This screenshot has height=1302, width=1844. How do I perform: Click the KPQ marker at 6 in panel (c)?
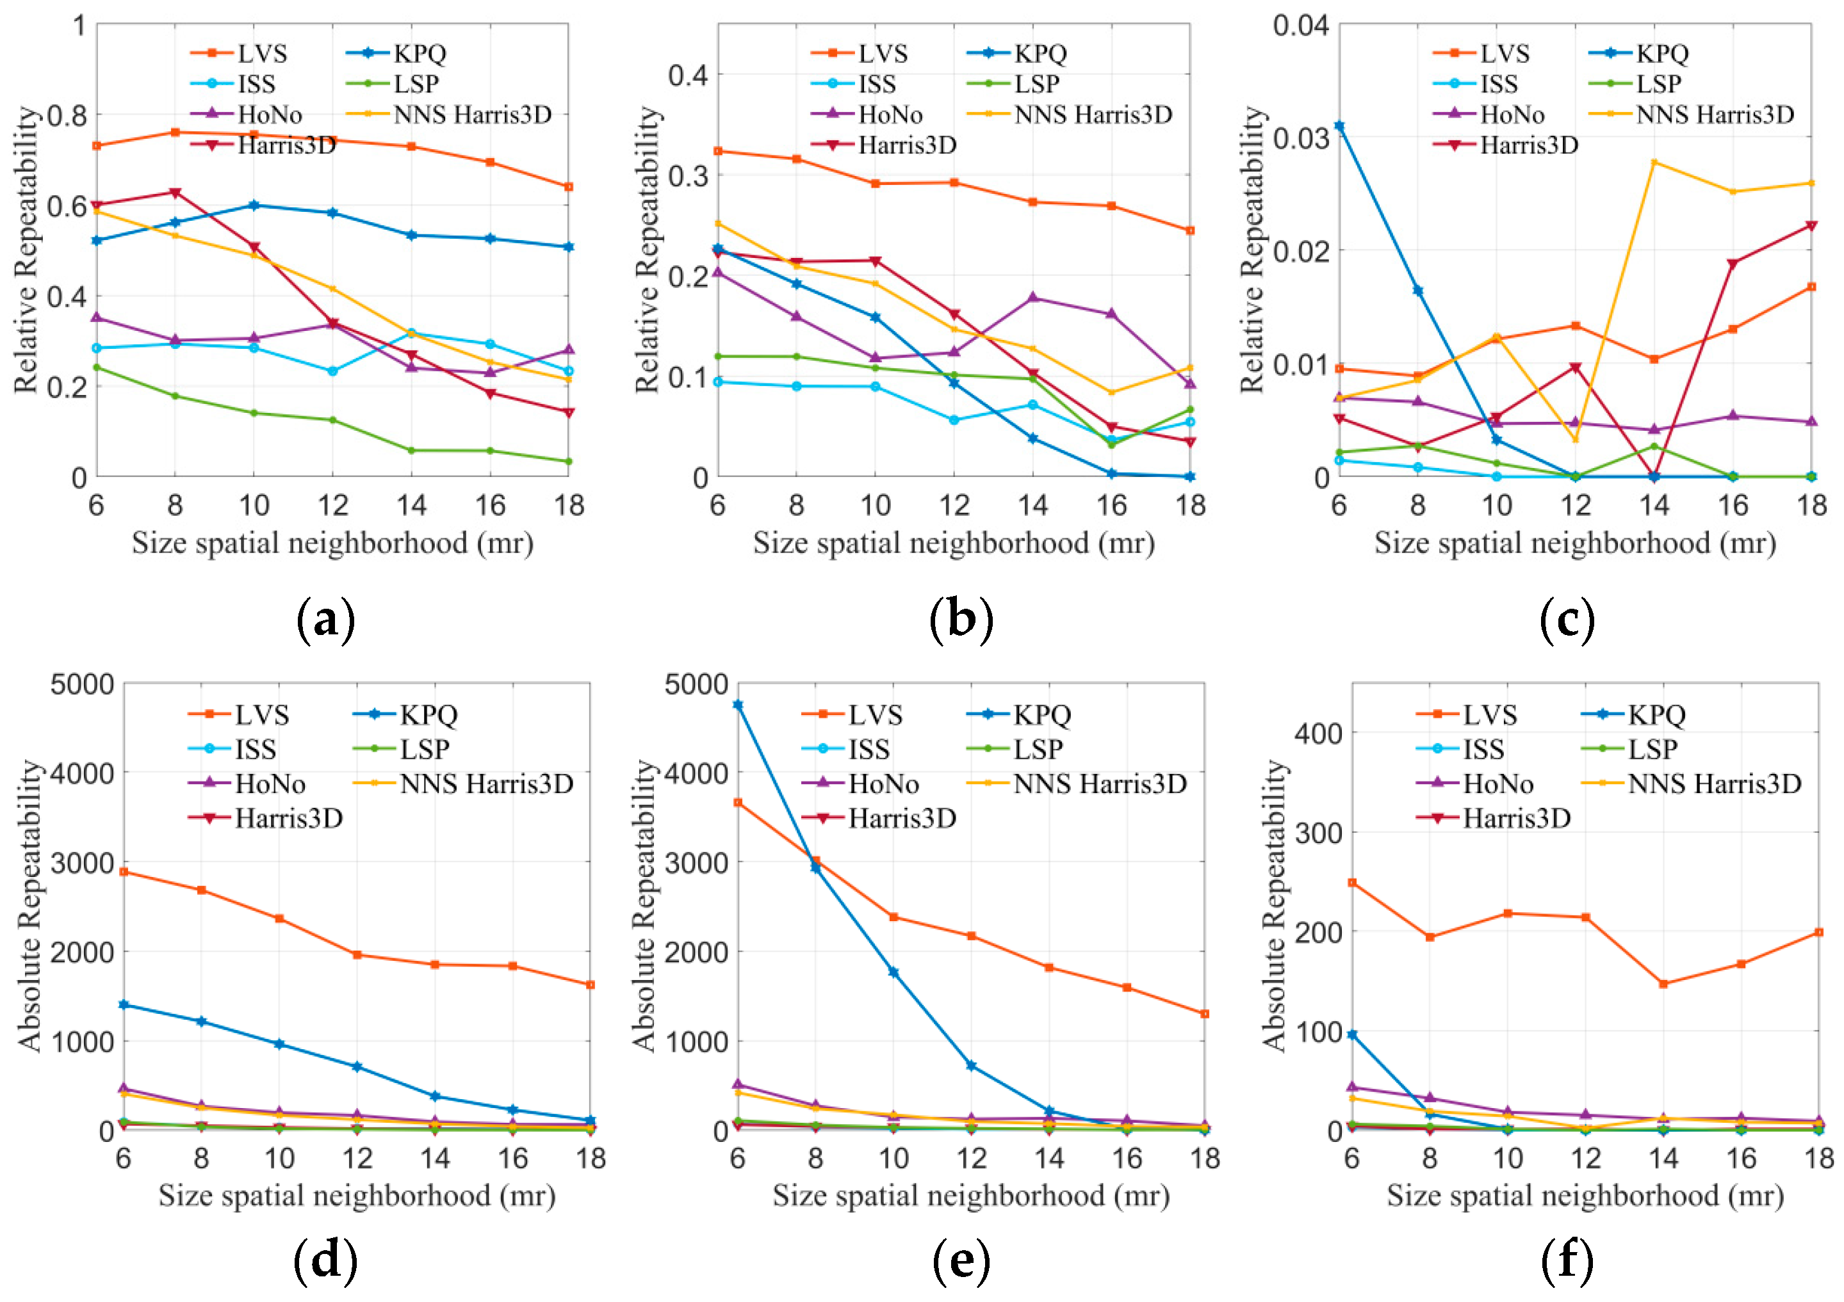[x=1339, y=126]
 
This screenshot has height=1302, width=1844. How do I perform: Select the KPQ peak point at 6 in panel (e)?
[x=737, y=705]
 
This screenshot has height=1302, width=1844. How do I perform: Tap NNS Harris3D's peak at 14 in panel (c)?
[x=1654, y=162]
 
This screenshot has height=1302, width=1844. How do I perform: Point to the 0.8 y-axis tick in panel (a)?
[x=67, y=115]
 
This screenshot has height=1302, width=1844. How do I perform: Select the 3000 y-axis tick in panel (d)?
[x=82, y=862]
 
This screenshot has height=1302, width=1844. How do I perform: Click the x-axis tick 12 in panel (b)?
[x=954, y=506]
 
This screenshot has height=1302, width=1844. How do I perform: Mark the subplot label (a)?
[x=325, y=620]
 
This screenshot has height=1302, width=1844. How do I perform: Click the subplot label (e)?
[x=961, y=1260]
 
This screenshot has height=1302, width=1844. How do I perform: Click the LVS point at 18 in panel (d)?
[x=591, y=985]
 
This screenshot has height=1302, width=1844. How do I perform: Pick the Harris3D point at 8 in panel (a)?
[x=175, y=193]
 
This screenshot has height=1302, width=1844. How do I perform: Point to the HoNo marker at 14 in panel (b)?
[x=1033, y=298]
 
